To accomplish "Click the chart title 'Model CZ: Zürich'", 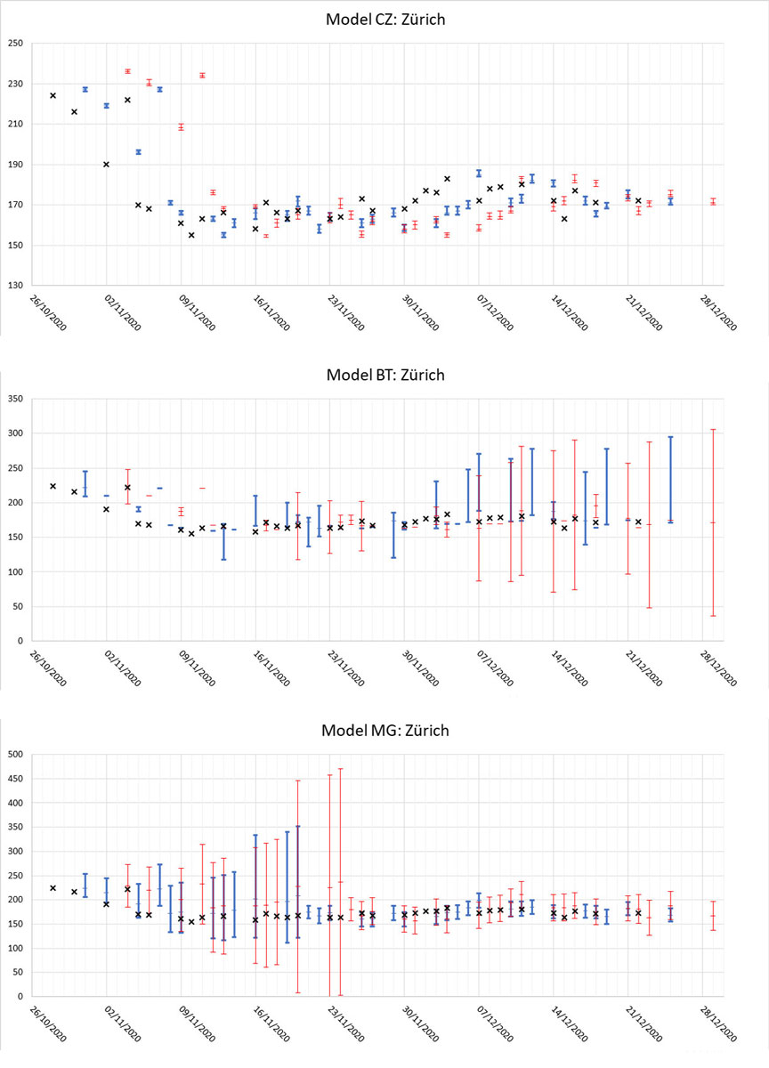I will pyautogui.click(x=384, y=20).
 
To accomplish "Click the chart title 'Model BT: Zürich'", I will pyautogui.click(x=384, y=375).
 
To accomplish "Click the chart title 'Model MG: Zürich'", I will pyautogui.click(x=384, y=731).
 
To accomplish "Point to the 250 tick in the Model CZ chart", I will pyautogui.click(x=16, y=44).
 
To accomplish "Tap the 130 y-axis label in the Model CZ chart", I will pyautogui.click(x=16, y=286).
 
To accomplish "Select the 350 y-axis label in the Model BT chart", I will pyautogui.click(x=16, y=399).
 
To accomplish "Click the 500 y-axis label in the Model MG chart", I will pyautogui.click(x=16, y=755).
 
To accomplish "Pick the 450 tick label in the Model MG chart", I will pyautogui.click(x=16, y=779).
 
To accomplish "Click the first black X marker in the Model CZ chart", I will pyautogui.click(x=53, y=95).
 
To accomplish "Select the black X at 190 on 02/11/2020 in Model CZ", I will pyautogui.click(x=106, y=165).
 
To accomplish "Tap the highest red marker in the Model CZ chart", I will pyautogui.click(x=127, y=71).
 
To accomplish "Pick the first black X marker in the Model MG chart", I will pyautogui.click(x=53, y=888).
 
